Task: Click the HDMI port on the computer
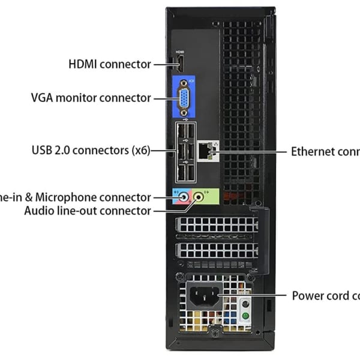[x=179, y=63]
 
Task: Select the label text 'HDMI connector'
[x=110, y=64]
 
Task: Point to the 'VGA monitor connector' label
[x=91, y=97]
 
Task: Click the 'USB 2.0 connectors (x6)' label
[x=90, y=150]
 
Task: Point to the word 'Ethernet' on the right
[x=312, y=151]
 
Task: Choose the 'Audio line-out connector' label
[x=88, y=211]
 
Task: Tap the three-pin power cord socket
[x=204, y=296]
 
